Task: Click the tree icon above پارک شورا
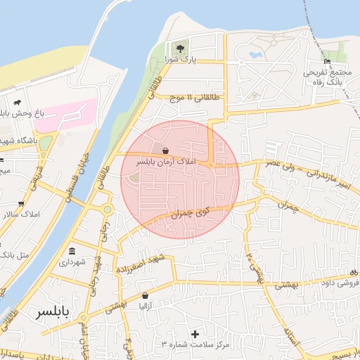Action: pyautogui.click(x=181, y=49)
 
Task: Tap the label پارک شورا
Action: pyautogui.click(x=181, y=60)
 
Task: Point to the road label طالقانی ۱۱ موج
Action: pyautogui.click(x=189, y=100)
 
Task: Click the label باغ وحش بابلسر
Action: pyautogui.click(x=21, y=112)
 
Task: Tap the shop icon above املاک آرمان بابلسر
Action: pyautogui.click(x=165, y=150)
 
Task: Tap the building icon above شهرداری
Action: pyautogui.click(x=72, y=251)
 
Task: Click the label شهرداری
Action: pyautogui.click(x=72, y=262)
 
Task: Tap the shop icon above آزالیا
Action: pyautogui.click(x=146, y=296)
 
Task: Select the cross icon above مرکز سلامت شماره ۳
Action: pyautogui.click(x=195, y=333)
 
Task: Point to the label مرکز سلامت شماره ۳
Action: pyautogui.click(x=194, y=344)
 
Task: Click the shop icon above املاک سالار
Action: pyautogui.click(x=21, y=203)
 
